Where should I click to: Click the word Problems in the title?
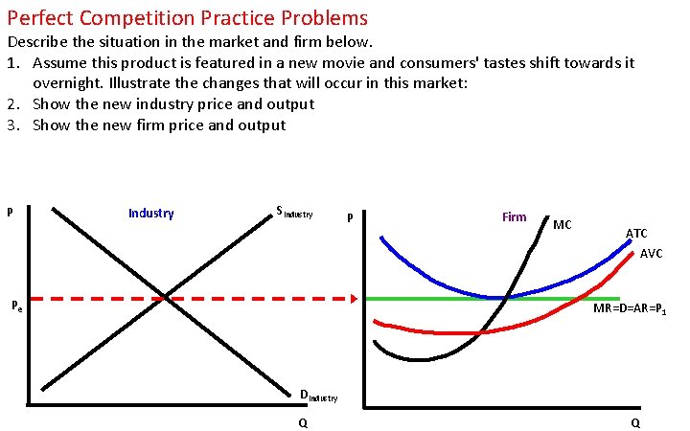pyautogui.click(x=319, y=17)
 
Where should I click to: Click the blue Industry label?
pyautogui.click(x=150, y=213)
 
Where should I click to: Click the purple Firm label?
pyautogui.click(x=514, y=216)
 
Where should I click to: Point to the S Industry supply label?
pyautogui.click(x=293, y=213)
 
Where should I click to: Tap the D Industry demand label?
pyautogui.click(x=317, y=395)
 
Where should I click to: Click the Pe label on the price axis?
pyautogui.click(x=16, y=306)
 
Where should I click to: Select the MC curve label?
pyautogui.click(x=563, y=224)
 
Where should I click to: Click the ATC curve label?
pyautogui.click(x=636, y=233)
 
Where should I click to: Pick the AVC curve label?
pyautogui.click(x=651, y=254)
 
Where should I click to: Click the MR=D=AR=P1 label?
pyautogui.click(x=630, y=309)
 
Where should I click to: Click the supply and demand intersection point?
pyautogui.click(x=168, y=299)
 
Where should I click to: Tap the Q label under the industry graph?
pyautogui.click(x=303, y=422)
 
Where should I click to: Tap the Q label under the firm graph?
pyautogui.click(x=635, y=422)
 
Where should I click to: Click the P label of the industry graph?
pyautogui.click(x=10, y=212)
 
